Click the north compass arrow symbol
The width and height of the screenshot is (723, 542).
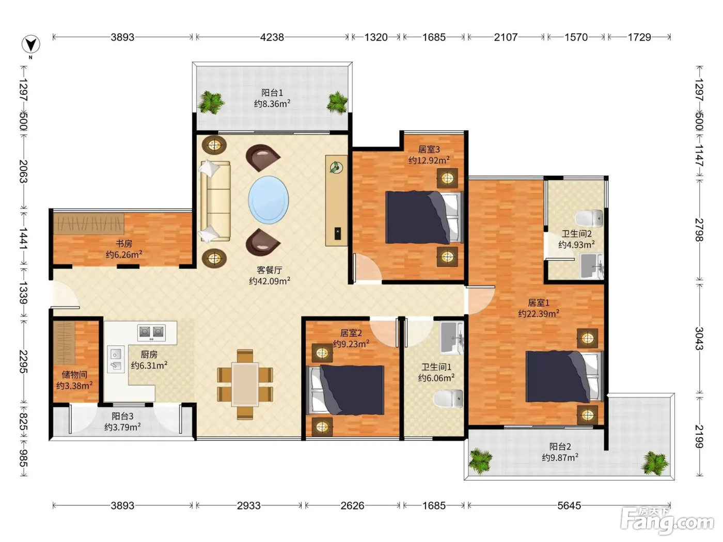31,44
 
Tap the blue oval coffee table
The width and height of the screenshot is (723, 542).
269,200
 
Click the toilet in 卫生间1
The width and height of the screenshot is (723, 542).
448,399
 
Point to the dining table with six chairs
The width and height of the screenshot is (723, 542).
245,385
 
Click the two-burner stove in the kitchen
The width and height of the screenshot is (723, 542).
151,332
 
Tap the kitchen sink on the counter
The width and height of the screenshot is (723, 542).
116,359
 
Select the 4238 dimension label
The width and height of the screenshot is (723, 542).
272,37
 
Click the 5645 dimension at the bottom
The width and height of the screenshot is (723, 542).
569,505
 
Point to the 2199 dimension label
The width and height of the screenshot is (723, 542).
699,436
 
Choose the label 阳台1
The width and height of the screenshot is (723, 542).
272,93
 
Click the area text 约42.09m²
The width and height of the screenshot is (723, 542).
270,281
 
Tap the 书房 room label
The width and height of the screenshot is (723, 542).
124,244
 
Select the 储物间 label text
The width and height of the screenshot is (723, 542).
74,375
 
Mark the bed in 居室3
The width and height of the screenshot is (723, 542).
425,217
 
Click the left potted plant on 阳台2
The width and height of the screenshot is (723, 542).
480,461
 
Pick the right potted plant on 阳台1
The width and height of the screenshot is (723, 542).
337,103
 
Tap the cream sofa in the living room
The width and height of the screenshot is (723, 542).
215,201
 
